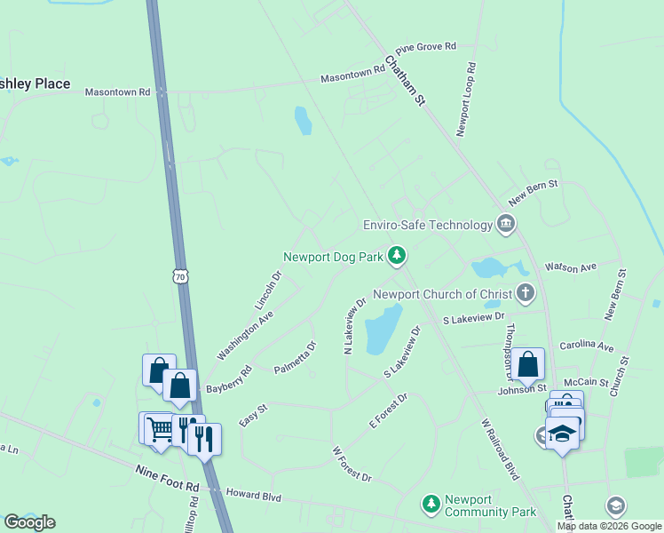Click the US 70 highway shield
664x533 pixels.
(x=181, y=277)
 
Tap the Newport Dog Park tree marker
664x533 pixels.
(x=397, y=257)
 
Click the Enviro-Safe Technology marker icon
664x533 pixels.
(x=506, y=223)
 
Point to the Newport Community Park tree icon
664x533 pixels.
(x=431, y=505)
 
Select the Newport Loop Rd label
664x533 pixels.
(x=467, y=99)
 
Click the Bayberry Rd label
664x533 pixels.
(x=229, y=379)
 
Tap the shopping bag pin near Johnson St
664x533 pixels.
(x=527, y=364)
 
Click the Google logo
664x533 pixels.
(x=29, y=522)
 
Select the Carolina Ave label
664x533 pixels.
(x=586, y=346)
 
